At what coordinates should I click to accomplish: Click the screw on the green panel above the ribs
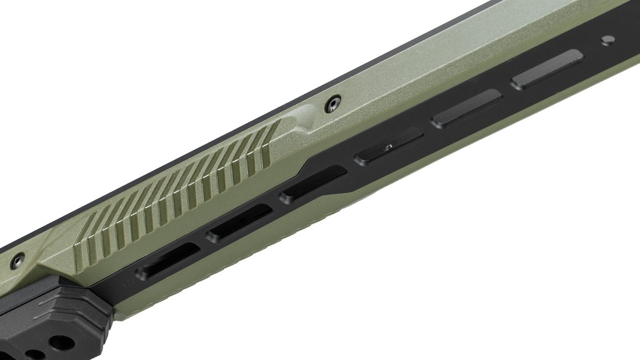pos(333,104)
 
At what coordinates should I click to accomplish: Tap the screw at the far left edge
pos(17,258)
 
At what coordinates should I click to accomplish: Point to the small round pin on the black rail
pos(607,40)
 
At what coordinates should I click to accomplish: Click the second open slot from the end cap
pos(239,223)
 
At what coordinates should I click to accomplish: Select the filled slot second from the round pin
pos(466,109)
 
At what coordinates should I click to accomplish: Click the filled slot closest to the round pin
pos(547,69)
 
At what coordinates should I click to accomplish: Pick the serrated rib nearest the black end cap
pos(81,241)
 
